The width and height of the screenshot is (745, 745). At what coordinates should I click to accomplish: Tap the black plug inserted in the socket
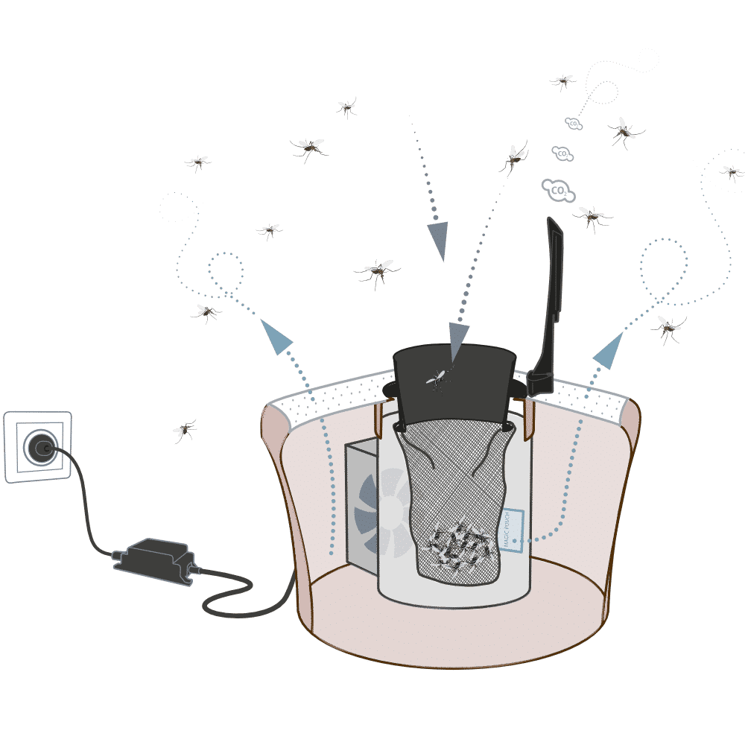tap(38, 448)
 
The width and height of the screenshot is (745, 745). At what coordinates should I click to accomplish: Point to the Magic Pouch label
tap(513, 530)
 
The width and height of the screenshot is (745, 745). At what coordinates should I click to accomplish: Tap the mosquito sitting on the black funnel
tap(437, 378)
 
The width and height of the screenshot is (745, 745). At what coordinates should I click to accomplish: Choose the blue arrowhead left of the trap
tap(277, 336)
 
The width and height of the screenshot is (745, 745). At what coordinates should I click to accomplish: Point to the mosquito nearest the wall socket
tap(184, 429)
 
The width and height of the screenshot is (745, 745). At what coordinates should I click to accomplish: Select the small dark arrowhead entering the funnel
tap(457, 335)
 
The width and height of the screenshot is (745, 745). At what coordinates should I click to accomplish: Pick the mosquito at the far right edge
tap(732, 173)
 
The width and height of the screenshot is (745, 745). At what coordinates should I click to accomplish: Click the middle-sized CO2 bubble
tap(563, 153)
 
